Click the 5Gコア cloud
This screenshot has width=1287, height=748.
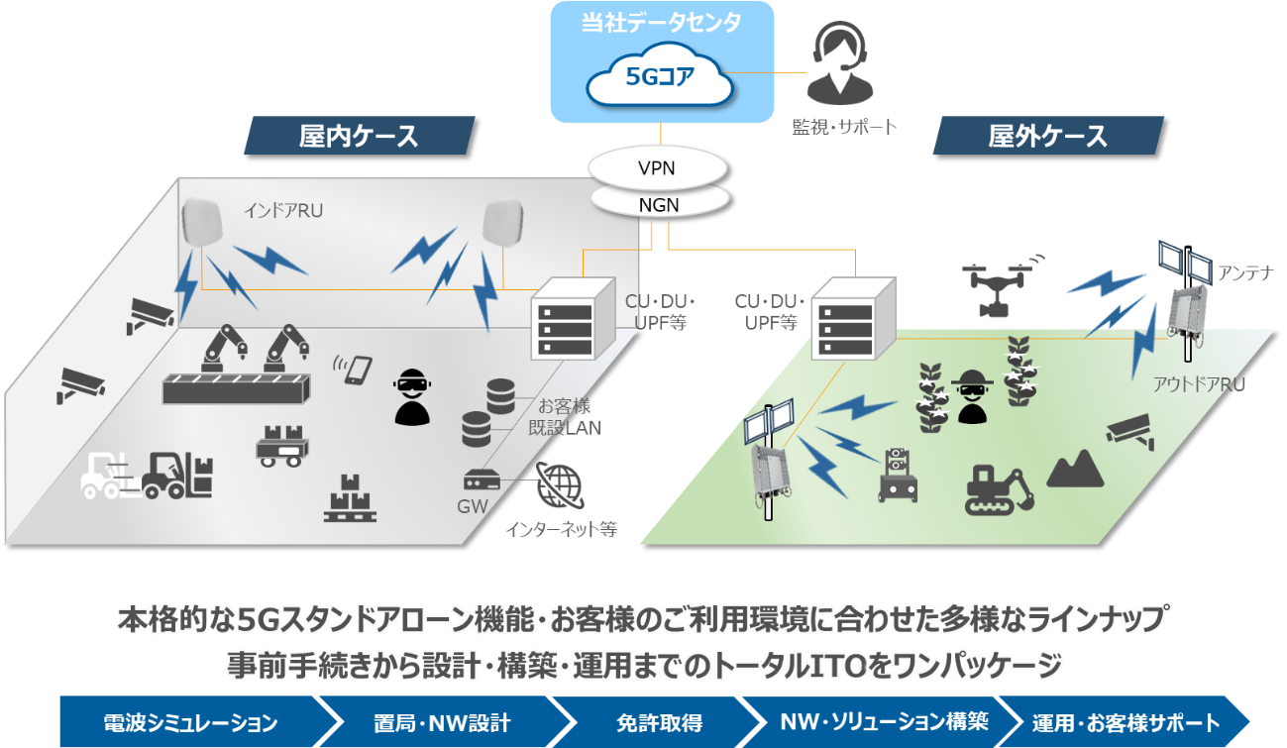pos(660,76)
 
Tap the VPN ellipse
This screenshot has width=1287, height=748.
pos(657,167)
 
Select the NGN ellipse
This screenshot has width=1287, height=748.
pos(660,204)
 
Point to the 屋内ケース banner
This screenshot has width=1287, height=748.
pos(359,136)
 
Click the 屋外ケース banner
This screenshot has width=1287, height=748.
pos(1048,136)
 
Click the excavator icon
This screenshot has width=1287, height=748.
pos(999,489)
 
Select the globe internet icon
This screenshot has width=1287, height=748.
pos(559,485)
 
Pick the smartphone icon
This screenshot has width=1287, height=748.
pos(355,370)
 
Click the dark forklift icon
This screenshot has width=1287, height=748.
pos(177,475)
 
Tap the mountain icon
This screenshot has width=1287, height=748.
pos(1075,469)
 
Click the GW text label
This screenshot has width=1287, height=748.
pos(473,506)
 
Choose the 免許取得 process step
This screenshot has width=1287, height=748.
pos(659,722)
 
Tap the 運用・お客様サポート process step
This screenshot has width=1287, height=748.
pos(1125,722)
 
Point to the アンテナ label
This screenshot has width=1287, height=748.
pos(1245,272)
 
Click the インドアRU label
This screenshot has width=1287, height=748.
pos(283,211)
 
